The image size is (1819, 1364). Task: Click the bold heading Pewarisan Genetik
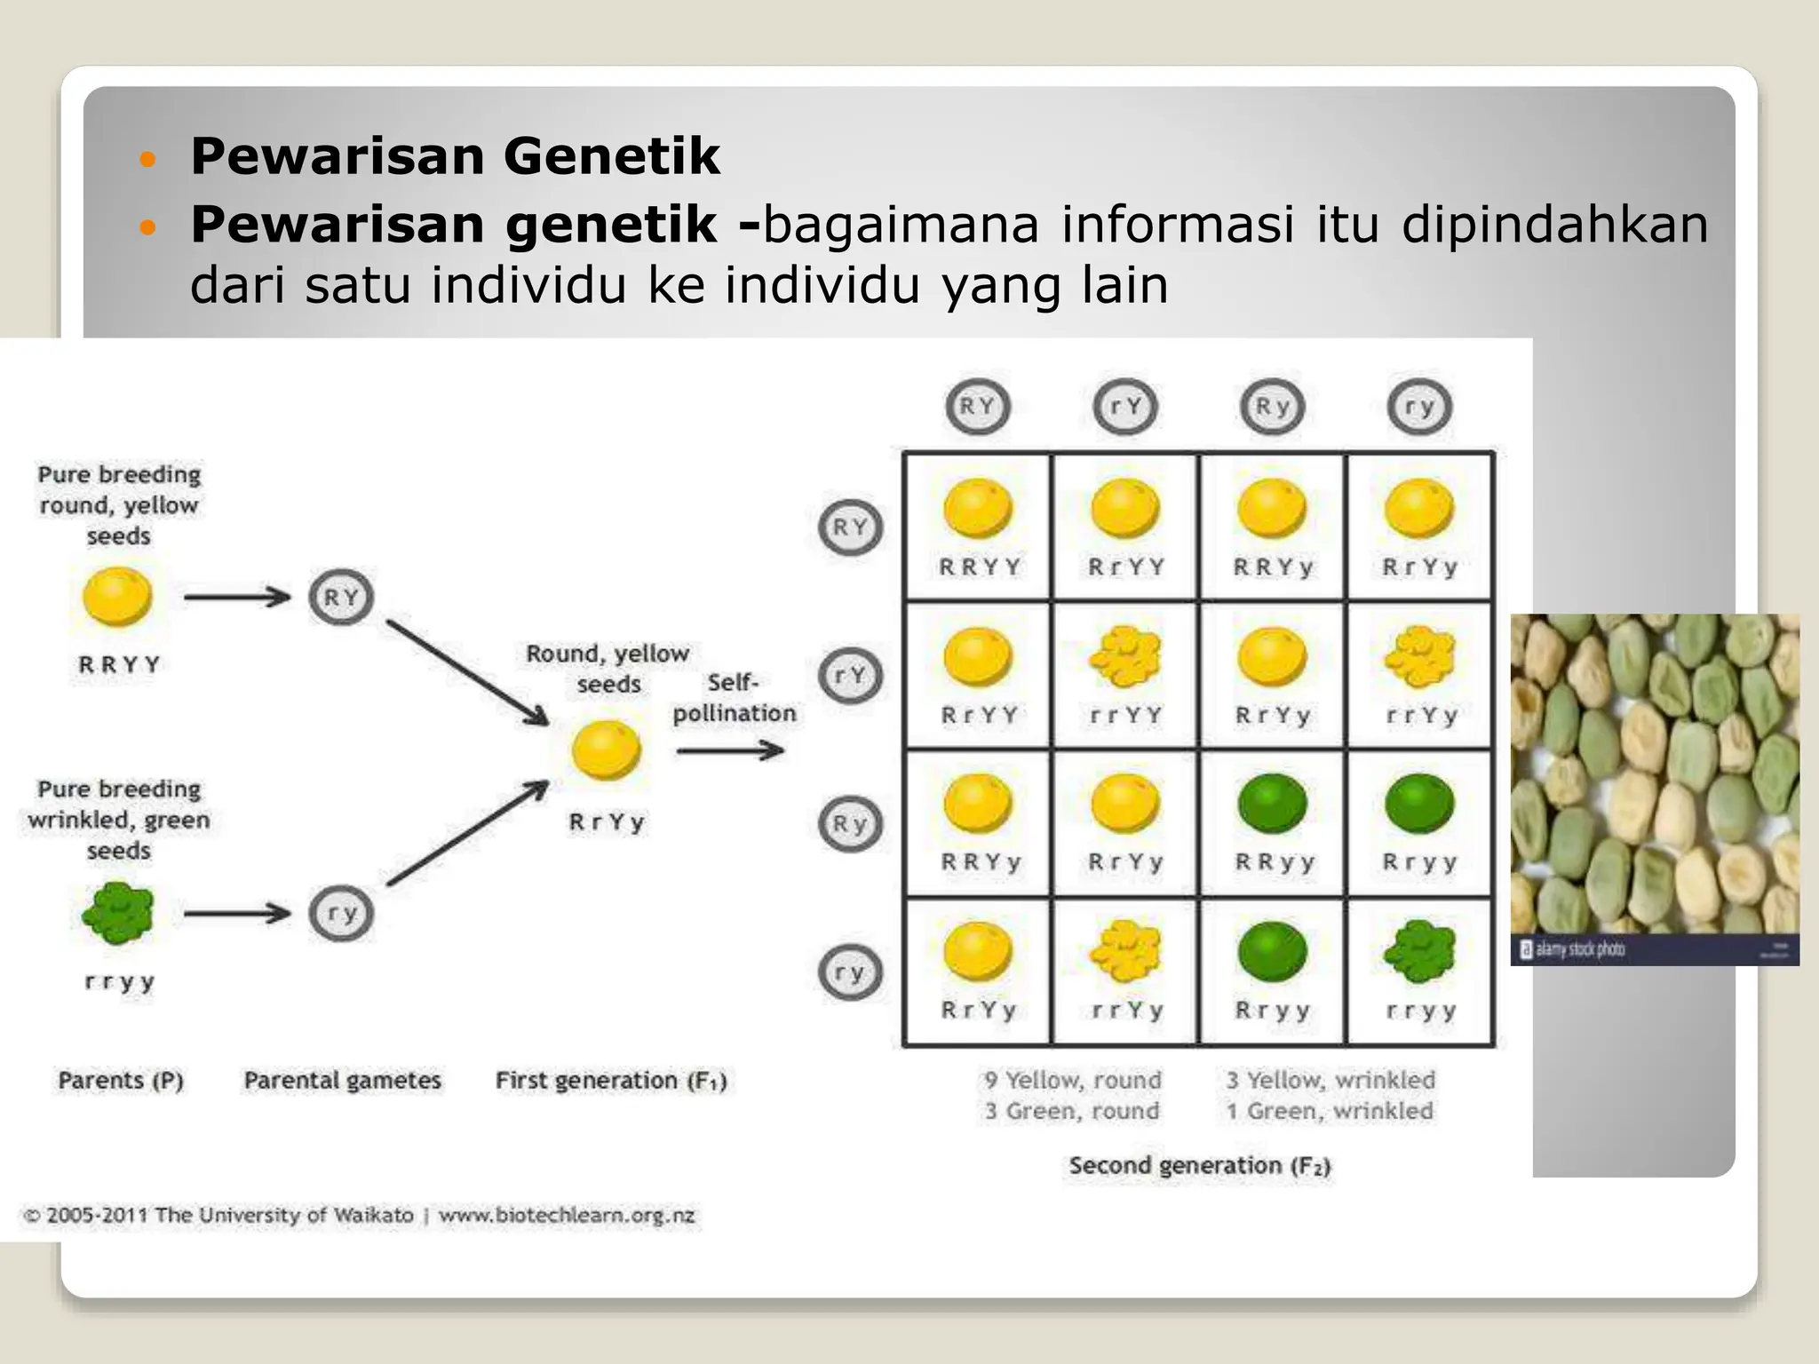(x=455, y=156)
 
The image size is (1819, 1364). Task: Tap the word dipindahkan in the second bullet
(x=1554, y=224)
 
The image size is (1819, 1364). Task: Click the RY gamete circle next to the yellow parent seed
(x=341, y=598)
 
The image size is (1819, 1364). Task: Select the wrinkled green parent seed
(x=118, y=913)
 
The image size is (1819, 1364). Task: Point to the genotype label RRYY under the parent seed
(x=119, y=664)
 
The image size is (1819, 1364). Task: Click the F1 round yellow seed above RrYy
(x=606, y=750)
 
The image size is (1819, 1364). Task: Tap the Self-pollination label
(x=734, y=698)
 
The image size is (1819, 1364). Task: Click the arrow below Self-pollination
(x=730, y=751)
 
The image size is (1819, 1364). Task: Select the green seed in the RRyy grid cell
(x=1272, y=804)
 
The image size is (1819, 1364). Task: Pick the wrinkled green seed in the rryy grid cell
(x=1419, y=952)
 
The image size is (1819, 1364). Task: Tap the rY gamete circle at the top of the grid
(x=1125, y=407)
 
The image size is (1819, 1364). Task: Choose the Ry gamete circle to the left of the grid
(x=850, y=824)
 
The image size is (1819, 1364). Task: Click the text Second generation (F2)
(x=1199, y=1165)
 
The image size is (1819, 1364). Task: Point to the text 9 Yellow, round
(x=1073, y=1080)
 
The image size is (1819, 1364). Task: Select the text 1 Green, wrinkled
(x=1330, y=1111)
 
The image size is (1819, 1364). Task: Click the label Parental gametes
(x=342, y=1081)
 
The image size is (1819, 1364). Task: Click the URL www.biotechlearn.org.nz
(x=567, y=1215)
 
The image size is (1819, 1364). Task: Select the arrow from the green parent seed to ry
(x=236, y=913)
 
